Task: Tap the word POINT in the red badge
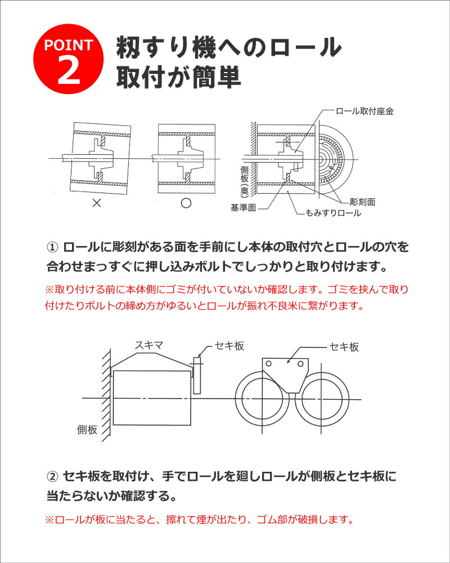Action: [69, 46]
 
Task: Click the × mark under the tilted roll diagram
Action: [96, 203]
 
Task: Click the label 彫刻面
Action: [362, 201]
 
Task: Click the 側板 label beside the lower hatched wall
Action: [87, 430]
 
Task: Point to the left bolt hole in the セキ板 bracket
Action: [269, 363]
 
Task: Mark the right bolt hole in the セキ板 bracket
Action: [292, 363]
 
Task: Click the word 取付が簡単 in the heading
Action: [178, 77]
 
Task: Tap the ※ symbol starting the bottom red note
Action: [48, 519]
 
